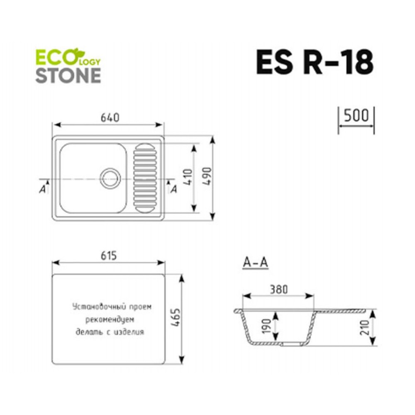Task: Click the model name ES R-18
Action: click(x=315, y=63)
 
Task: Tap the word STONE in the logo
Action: click(x=68, y=76)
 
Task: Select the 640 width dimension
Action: click(x=110, y=118)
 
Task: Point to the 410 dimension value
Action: click(x=188, y=178)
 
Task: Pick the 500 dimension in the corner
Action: click(x=356, y=115)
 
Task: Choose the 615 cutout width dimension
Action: click(x=108, y=256)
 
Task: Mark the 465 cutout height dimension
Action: click(x=175, y=317)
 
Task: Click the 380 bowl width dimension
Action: click(x=278, y=290)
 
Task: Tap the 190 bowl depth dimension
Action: click(x=266, y=326)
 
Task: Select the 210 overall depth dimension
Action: click(x=364, y=327)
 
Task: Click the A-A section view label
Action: click(x=255, y=262)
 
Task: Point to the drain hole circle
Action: click(x=110, y=178)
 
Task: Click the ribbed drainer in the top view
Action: click(x=145, y=178)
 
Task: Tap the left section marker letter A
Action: click(x=42, y=189)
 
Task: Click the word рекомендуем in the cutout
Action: click(x=110, y=320)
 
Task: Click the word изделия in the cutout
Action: click(x=129, y=332)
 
